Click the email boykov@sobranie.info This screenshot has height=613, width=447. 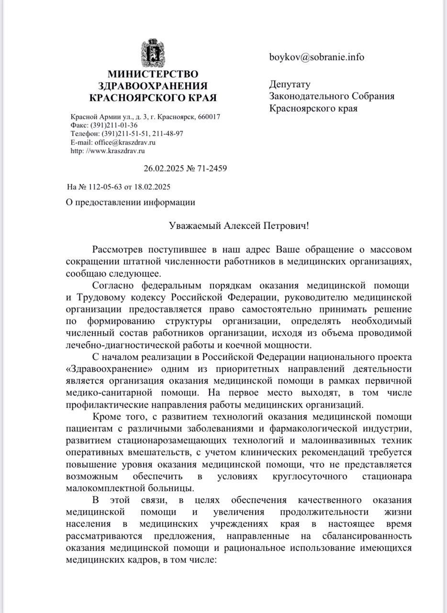(x=316, y=57)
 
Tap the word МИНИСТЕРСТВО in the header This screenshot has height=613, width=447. (x=153, y=74)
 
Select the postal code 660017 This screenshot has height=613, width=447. (x=209, y=117)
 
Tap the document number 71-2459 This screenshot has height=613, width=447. (x=211, y=169)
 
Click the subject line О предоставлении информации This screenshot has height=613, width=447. (x=130, y=202)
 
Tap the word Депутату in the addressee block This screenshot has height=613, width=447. (x=290, y=84)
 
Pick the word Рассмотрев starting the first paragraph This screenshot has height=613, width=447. (x=118, y=250)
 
